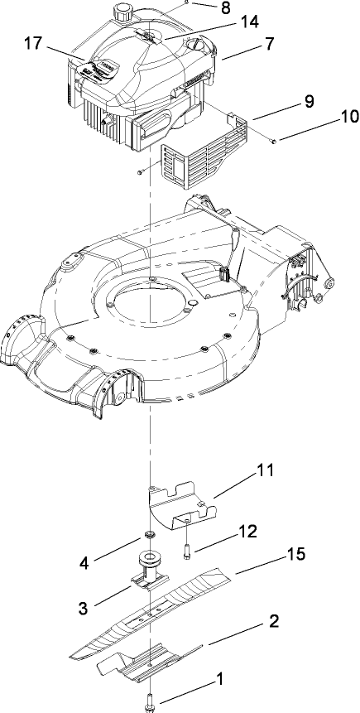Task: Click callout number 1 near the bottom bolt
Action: point(219,681)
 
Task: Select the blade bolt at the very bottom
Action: point(151,700)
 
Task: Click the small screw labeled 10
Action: point(274,142)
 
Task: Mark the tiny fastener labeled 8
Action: point(190,4)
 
